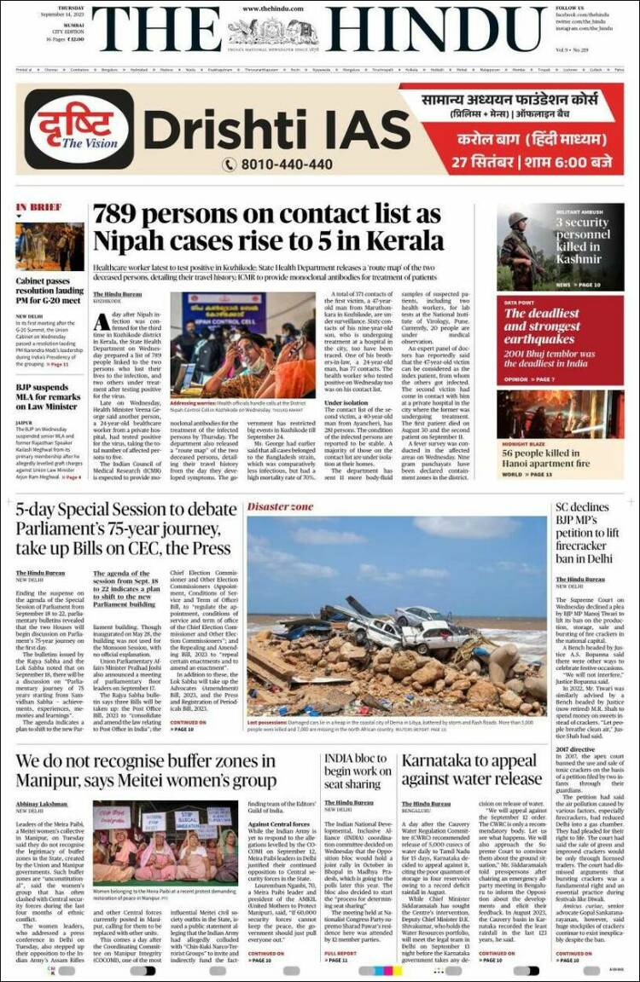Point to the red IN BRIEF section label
(38, 207)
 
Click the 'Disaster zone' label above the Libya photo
(280, 507)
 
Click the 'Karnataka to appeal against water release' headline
(472, 770)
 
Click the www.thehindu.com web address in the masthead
(273, 9)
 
